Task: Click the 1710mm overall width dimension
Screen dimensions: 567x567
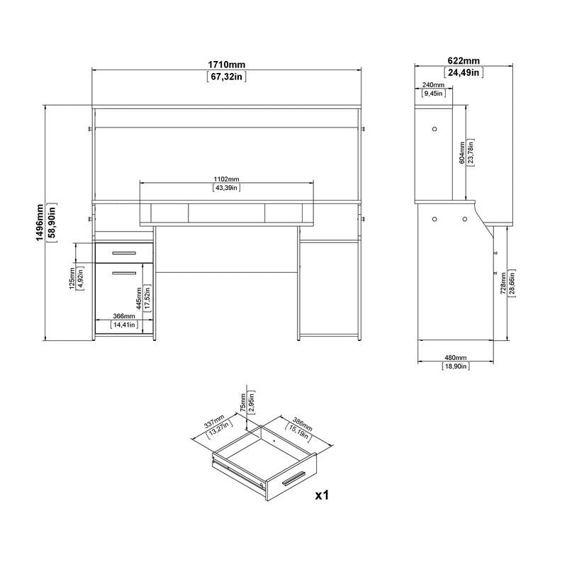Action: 226,64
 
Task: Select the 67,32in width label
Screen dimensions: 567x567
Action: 226,76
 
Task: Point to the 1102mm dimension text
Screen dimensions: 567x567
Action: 227,178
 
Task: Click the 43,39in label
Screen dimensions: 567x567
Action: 227,188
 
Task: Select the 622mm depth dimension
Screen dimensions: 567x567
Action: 463,61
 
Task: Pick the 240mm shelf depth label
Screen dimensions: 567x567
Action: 433,84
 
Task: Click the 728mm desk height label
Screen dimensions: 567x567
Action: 503,282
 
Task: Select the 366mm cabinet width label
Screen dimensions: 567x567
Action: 124,316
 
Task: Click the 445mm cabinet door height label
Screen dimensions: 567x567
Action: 138,301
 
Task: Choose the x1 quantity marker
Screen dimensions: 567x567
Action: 323,495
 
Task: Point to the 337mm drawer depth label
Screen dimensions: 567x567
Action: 215,426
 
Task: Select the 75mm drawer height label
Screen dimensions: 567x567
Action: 243,403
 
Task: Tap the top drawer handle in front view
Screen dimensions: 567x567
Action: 123,252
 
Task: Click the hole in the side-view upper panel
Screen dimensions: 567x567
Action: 434,129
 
